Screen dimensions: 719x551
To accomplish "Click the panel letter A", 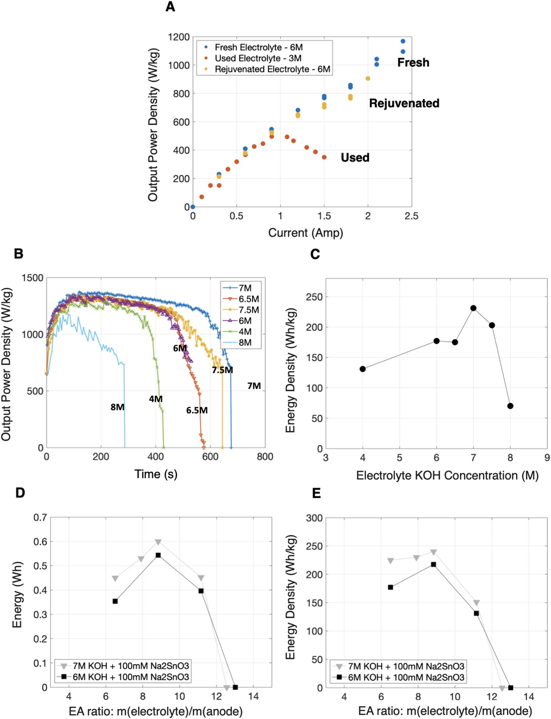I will click(170, 7).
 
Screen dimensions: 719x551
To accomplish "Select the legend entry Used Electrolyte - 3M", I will click(258, 58).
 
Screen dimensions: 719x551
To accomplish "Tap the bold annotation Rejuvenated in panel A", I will click(404, 103).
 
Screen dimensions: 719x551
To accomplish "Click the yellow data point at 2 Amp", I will click(368, 79).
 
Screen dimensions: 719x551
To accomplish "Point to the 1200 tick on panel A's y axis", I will click(179, 37).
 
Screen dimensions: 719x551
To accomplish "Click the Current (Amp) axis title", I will click(305, 232).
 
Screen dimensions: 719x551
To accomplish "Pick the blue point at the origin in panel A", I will click(193, 207).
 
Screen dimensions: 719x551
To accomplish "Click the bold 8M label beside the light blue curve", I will click(117, 407).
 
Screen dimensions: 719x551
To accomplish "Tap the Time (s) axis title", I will click(156, 474).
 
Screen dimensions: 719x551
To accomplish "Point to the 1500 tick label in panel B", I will click(33, 278).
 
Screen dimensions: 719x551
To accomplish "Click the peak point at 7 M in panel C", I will click(473, 308).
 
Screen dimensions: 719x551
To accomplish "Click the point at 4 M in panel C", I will click(362, 369).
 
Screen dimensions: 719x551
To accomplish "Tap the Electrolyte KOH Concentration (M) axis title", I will click(447, 475).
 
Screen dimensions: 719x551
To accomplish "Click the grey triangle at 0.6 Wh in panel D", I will click(158, 542).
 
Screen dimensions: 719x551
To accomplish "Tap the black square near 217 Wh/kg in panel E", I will click(433, 564).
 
